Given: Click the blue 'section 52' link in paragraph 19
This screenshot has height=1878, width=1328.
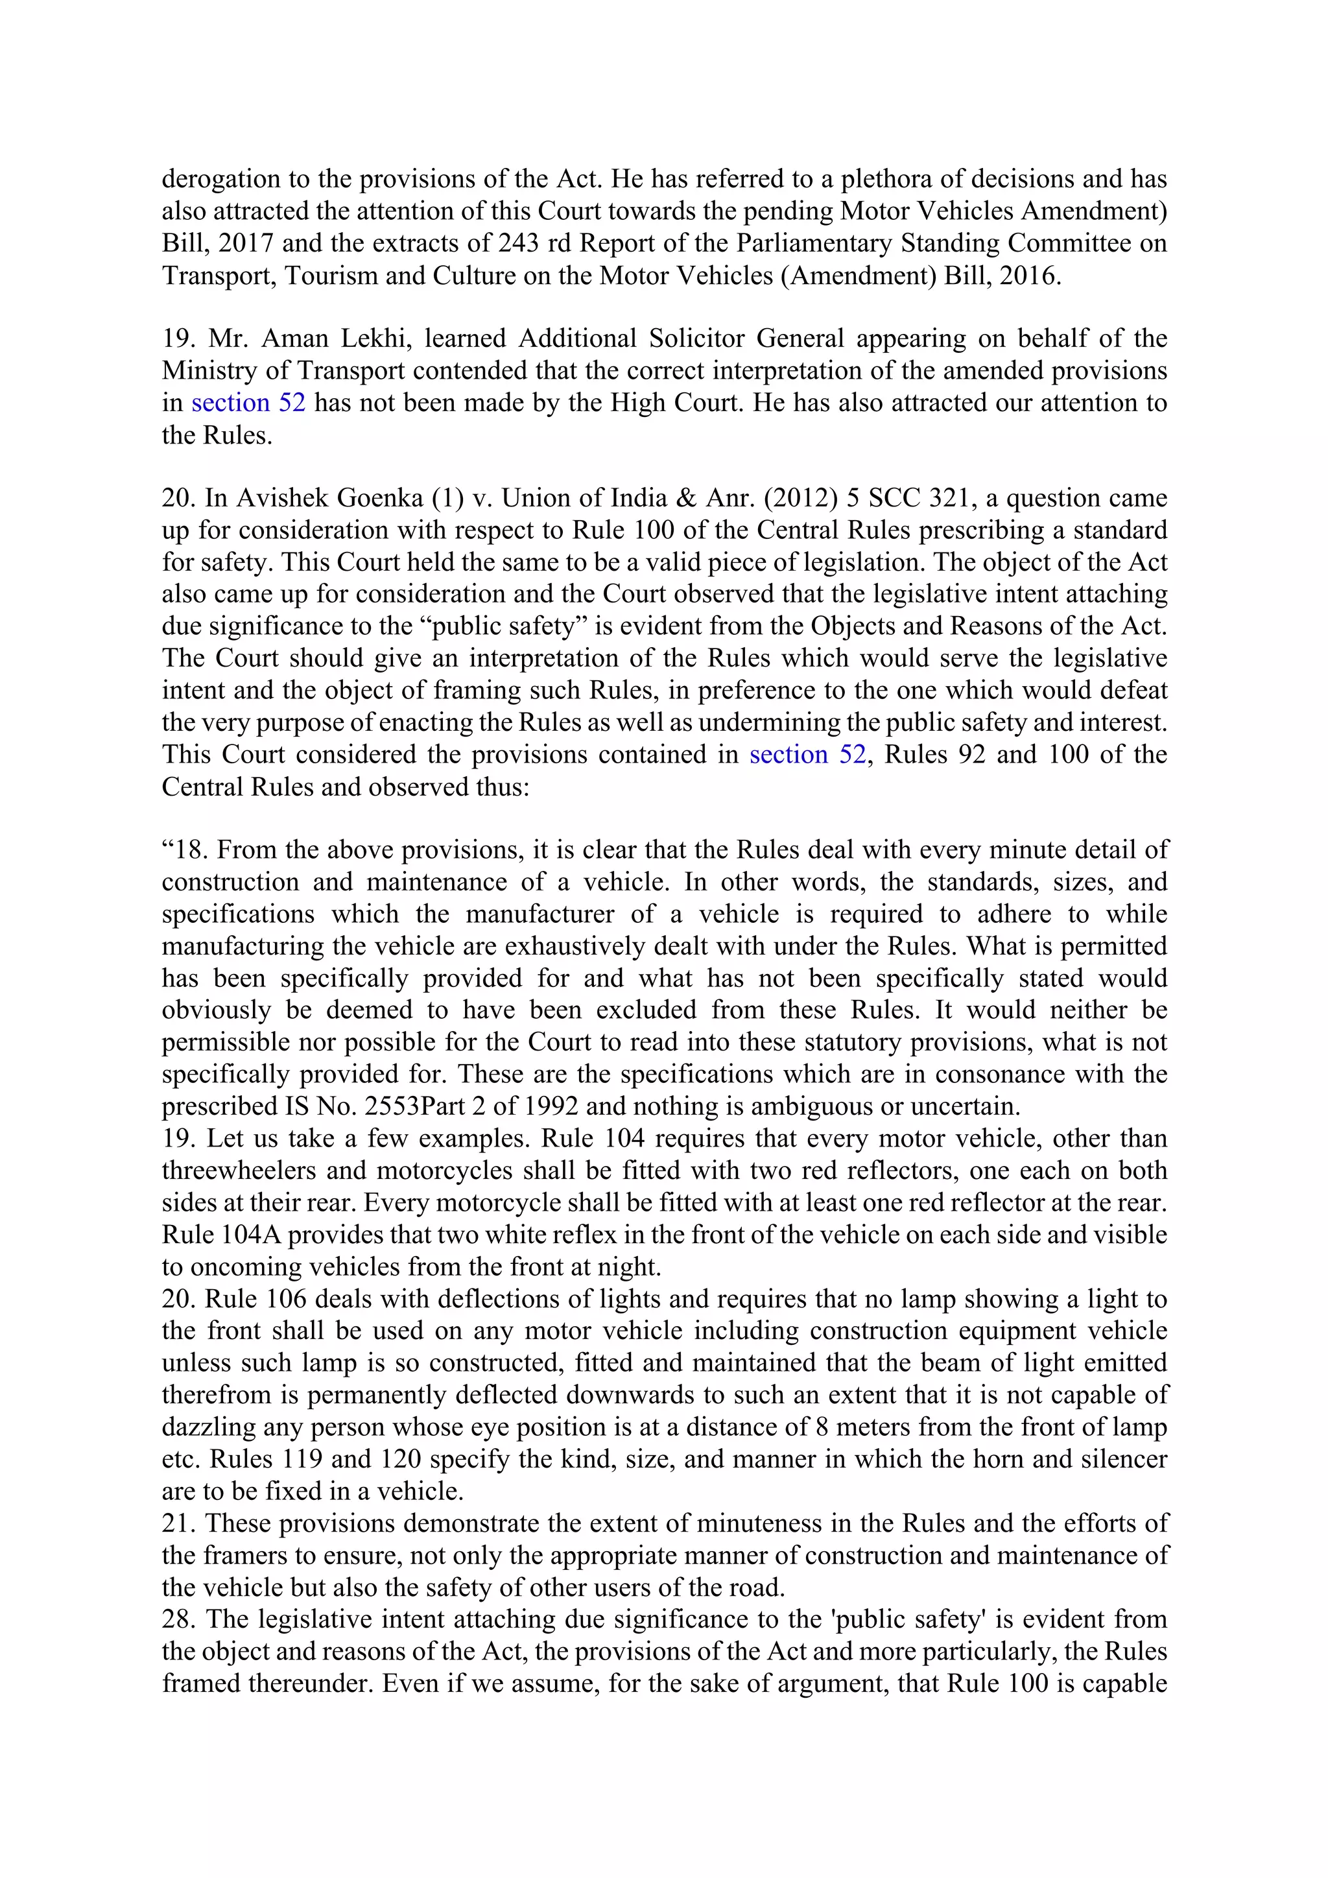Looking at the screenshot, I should click(x=248, y=403).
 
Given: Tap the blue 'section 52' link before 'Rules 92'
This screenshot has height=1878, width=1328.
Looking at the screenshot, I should click(x=807, y=754).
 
